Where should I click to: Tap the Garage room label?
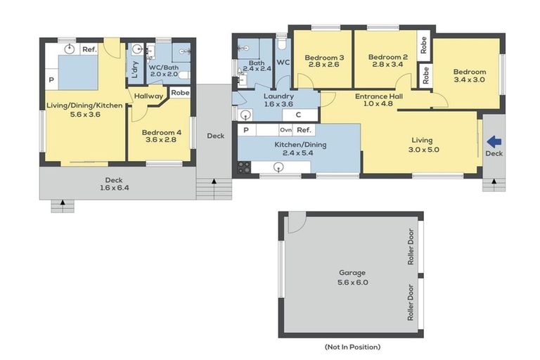pyautogui.click(x=352, y=272)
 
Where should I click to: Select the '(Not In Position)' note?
pyautogui.click(x=352, y=347)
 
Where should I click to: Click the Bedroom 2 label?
pyautogui.click(x=388, y=58)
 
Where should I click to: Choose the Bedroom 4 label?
pyautogui.click(x=161, y=133)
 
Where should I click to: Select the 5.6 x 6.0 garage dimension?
pyautogui.click(x=352, y=282)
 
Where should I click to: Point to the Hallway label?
pyautogui.click(x=149, y=96)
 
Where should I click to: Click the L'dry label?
pyautogui.click(x=134, y=68)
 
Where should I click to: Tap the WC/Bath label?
pyautogui.click(x=165, y=67)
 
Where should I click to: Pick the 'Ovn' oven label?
pyautogui.click(x=285, y=130)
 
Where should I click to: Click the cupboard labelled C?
pyautogui.click(x=298, y=115)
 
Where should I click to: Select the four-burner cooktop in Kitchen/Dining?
pyautogui.click(x=244, y=167)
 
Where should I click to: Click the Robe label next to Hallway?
pyautogui.click(x=180, y=92)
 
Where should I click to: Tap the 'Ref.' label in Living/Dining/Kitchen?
pyautogui.click(x=89, y=49)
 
